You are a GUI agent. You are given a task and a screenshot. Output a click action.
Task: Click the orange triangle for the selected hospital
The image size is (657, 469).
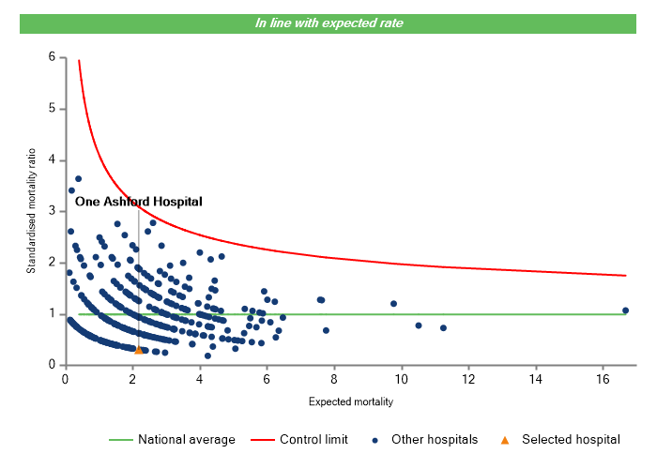tap(139, 350)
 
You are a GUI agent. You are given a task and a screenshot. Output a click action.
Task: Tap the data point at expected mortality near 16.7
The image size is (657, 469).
tap(625, 310)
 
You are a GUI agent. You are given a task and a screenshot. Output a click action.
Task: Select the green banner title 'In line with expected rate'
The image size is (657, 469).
tap(328, 23)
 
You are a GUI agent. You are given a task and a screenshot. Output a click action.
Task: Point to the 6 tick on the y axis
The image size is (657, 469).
tap(52, 57)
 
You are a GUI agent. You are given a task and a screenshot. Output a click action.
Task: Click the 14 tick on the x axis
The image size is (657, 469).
tap(536, 379)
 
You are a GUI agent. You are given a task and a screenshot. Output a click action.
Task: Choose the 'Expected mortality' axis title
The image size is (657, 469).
tap(350, 402)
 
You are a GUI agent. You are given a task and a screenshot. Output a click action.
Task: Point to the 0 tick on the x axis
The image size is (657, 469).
tap(65, 379)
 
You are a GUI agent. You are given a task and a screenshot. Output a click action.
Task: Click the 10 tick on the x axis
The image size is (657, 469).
tap(401, 379)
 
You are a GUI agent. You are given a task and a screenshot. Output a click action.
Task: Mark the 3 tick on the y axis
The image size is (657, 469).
tap(52, 211)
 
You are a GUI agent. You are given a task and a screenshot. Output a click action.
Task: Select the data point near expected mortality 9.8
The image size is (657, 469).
tap(393, 304)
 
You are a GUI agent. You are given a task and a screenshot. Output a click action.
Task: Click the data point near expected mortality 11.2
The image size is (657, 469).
tap(443, 328)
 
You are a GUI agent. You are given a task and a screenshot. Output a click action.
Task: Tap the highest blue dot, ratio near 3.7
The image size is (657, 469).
tap(79, 178)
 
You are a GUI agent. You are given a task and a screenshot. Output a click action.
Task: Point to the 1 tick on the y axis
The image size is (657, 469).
tap(52, 314)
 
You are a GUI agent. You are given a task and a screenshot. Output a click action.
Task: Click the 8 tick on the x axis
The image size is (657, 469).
tap(334, 379)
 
